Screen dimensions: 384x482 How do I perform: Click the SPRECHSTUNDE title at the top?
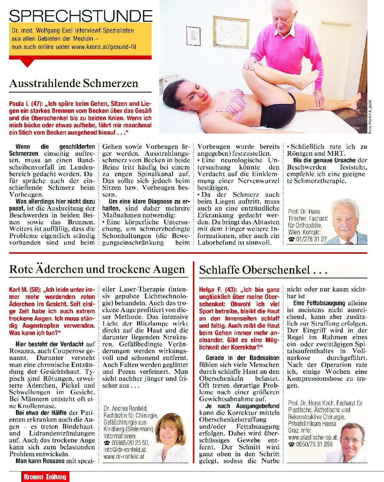point(80,16)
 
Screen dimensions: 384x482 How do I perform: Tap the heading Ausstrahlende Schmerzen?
point(74,83)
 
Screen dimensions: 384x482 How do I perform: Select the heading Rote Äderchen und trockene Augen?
point(97,269)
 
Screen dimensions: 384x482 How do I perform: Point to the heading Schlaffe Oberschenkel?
point(263,270)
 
